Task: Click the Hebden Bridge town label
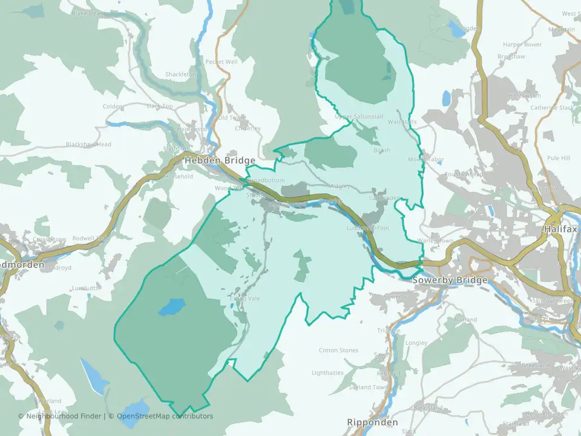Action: (220, 160)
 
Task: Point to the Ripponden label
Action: (373, 422)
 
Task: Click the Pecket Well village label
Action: (222, 62)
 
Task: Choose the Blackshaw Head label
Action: (88, 145)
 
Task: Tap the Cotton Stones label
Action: (338, 351)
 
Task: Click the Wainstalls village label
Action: (402, 122)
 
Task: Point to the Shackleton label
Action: (181, 74)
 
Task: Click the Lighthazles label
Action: (327, 373)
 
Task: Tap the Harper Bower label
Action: (522, 44)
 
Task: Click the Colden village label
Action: (113, 107)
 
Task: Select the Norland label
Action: (465, 319)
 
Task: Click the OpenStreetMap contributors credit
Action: (165, 416)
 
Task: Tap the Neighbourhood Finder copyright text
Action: (61, 416)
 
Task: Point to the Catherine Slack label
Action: (552, 108)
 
